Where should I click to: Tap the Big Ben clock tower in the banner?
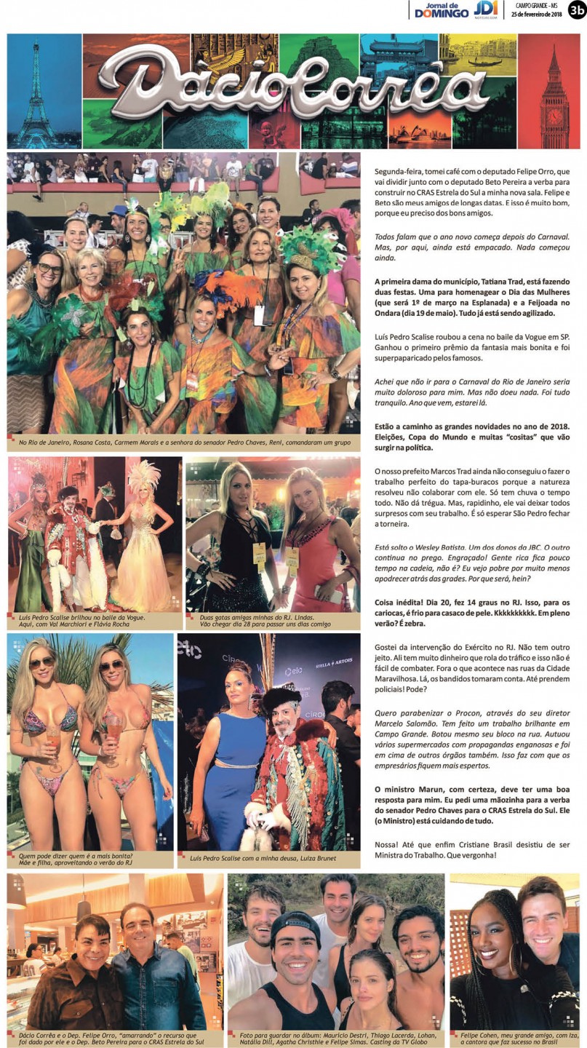(x=555, y=91)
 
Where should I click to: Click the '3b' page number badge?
(x=577, y=9)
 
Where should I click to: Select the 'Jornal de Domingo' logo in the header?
(x=441, y=10)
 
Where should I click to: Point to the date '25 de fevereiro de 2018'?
(x=536, y=14)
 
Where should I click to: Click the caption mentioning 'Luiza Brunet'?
(x=262, y=859)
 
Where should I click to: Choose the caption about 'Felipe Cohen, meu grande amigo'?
(x=515, y=1039)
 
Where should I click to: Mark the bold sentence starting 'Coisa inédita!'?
(x=476, y=613)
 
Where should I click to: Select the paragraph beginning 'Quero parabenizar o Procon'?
(x=476, y=739)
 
